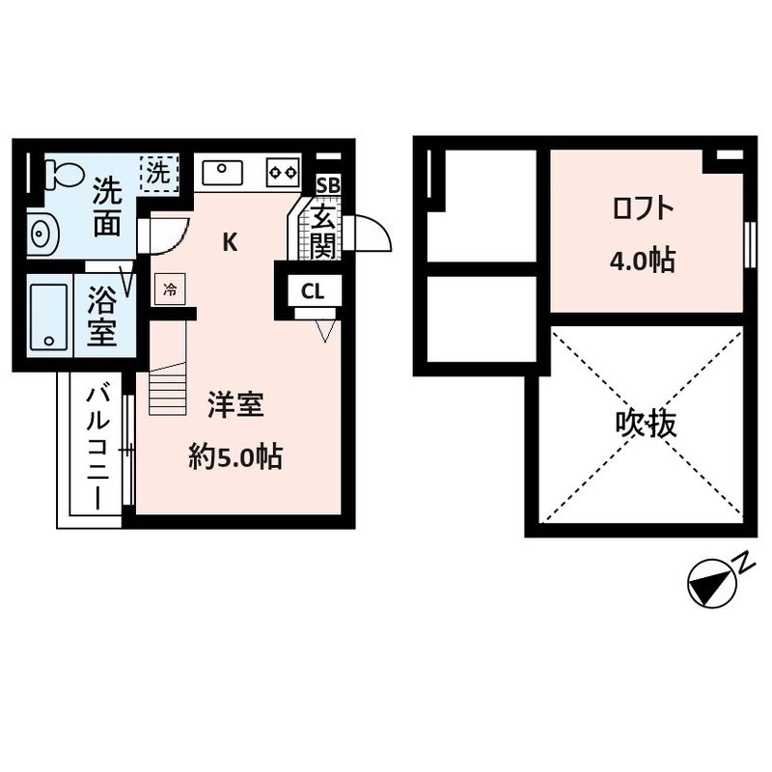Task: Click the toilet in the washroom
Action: [64, 175]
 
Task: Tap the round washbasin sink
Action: [41, 233]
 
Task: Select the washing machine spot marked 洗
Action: [157, 174]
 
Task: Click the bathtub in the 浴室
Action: [48, 315]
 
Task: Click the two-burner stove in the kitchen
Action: [283, 173]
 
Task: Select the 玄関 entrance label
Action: [323, 232]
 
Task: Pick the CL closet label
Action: [312, 289]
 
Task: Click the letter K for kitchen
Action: [230, 242]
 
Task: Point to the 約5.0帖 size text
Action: [234, 457]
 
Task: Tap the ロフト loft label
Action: [641, 208]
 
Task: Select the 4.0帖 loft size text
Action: [642, 261]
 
